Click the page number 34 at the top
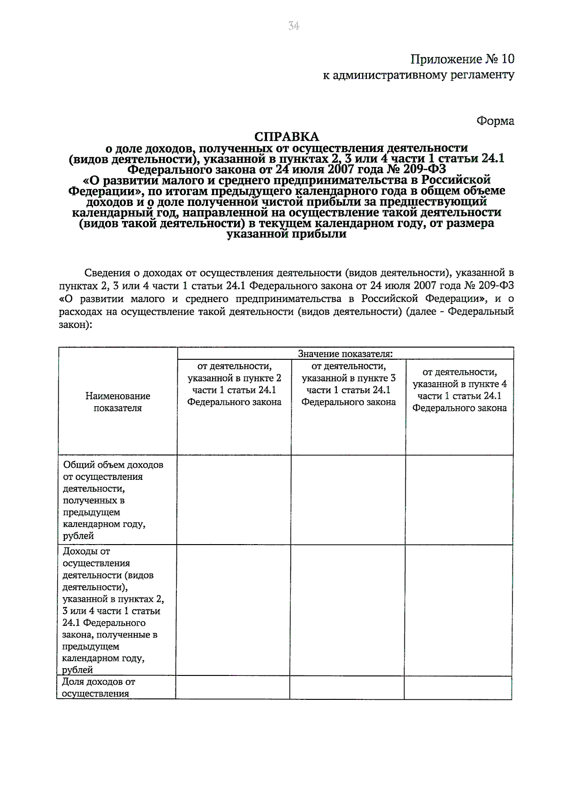[x=294, y=26]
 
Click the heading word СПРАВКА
[x=286, y=136]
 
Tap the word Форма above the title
[x=495, y=121]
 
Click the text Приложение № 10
[x=462, y=59]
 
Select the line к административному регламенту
[x=418, y=75]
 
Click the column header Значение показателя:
[x=345, y=354]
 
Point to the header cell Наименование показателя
[x=118, y=402]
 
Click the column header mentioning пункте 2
[x=234, y=384]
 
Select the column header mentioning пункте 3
[x=348, y=384]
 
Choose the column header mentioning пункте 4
[x=459, y=390]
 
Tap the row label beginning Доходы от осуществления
[x=113, y=610]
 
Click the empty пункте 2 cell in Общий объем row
[x=234, y=500]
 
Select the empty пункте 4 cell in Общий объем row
[x=459, y=500]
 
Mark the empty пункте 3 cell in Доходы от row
[x=348, y=610]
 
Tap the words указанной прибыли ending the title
[x=286, y=235]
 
